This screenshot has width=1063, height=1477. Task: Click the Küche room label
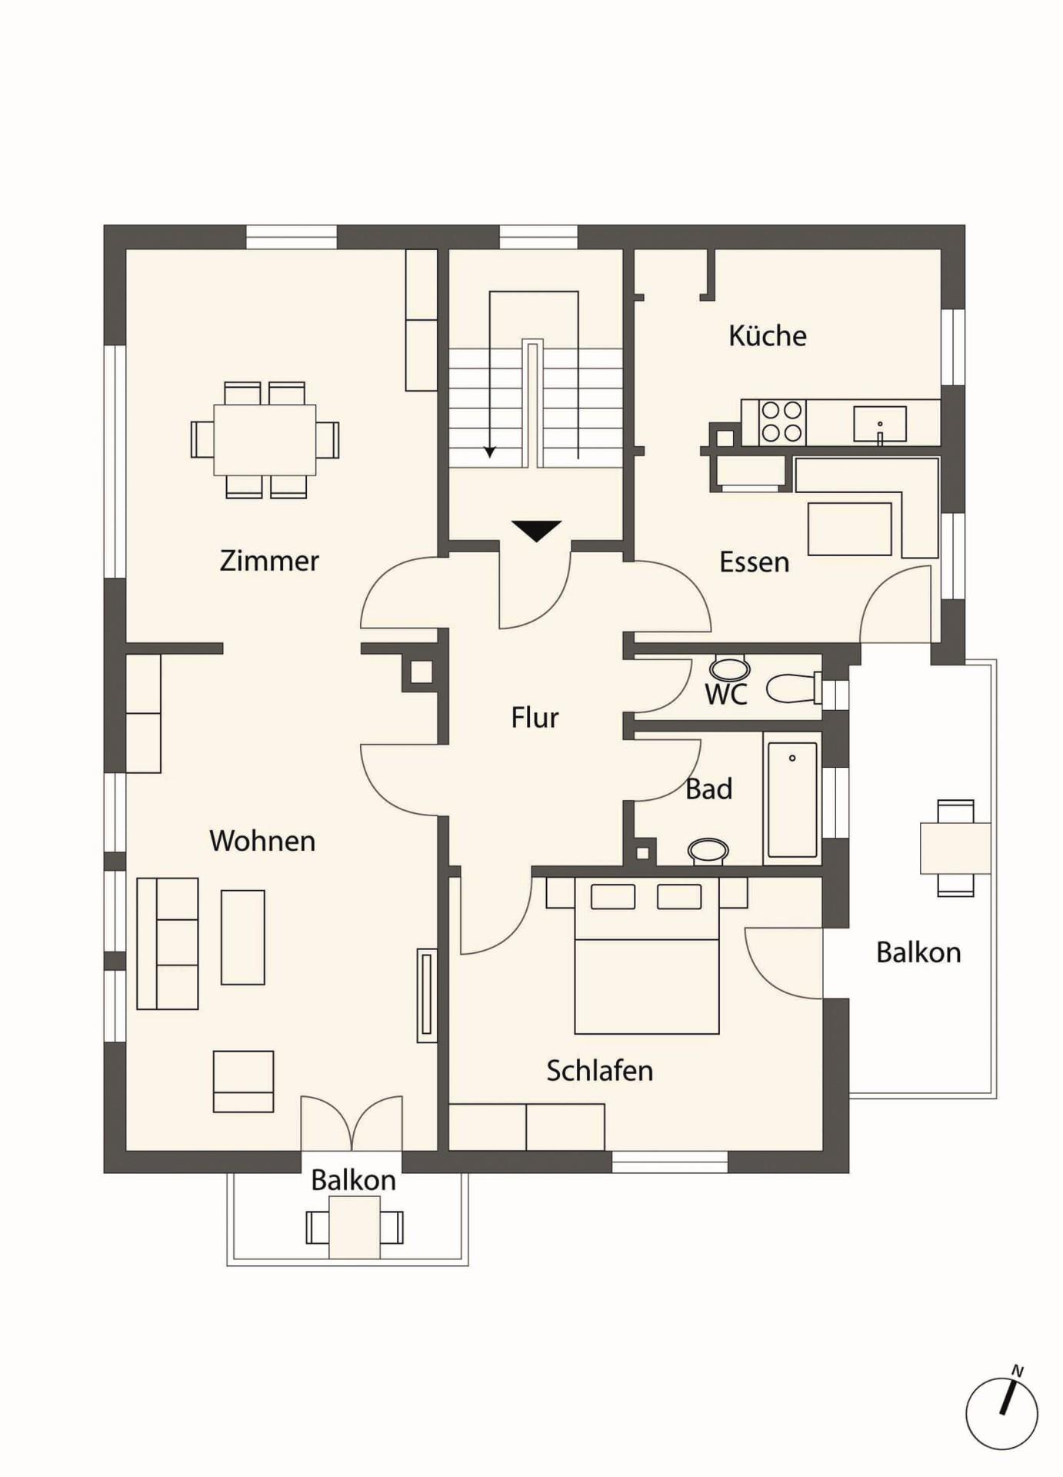[x=768, y=336]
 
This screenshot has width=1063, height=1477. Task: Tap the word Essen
[x=755, y=562]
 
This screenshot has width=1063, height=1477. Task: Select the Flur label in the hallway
[x=535, y=718]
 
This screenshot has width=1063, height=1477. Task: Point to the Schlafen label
[x=600, y=1071]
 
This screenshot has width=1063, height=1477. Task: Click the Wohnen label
[x=262, y=841]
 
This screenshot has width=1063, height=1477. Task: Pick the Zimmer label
[x=269, y=561]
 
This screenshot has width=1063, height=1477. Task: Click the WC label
[x=725, y=694]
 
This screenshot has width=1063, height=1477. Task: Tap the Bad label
[x=708, y=789]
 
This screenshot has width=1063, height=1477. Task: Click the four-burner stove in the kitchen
[x=782, y=422]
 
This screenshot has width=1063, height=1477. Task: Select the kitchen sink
[x=880, y=425]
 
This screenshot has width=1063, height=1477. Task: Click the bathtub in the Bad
[x=792, y=799]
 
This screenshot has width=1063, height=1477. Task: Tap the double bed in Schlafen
[x=647, y=956]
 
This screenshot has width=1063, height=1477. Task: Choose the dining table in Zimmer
[x=265, y=440]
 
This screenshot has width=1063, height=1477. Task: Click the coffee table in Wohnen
[x=243, y=938]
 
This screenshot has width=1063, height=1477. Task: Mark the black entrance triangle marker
[x=536, y=531]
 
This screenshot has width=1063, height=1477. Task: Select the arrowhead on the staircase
[x=489, y=452]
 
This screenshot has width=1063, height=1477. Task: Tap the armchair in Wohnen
[x=243, y=1082]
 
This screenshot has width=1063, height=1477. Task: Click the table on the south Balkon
[x=355, y=1227]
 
